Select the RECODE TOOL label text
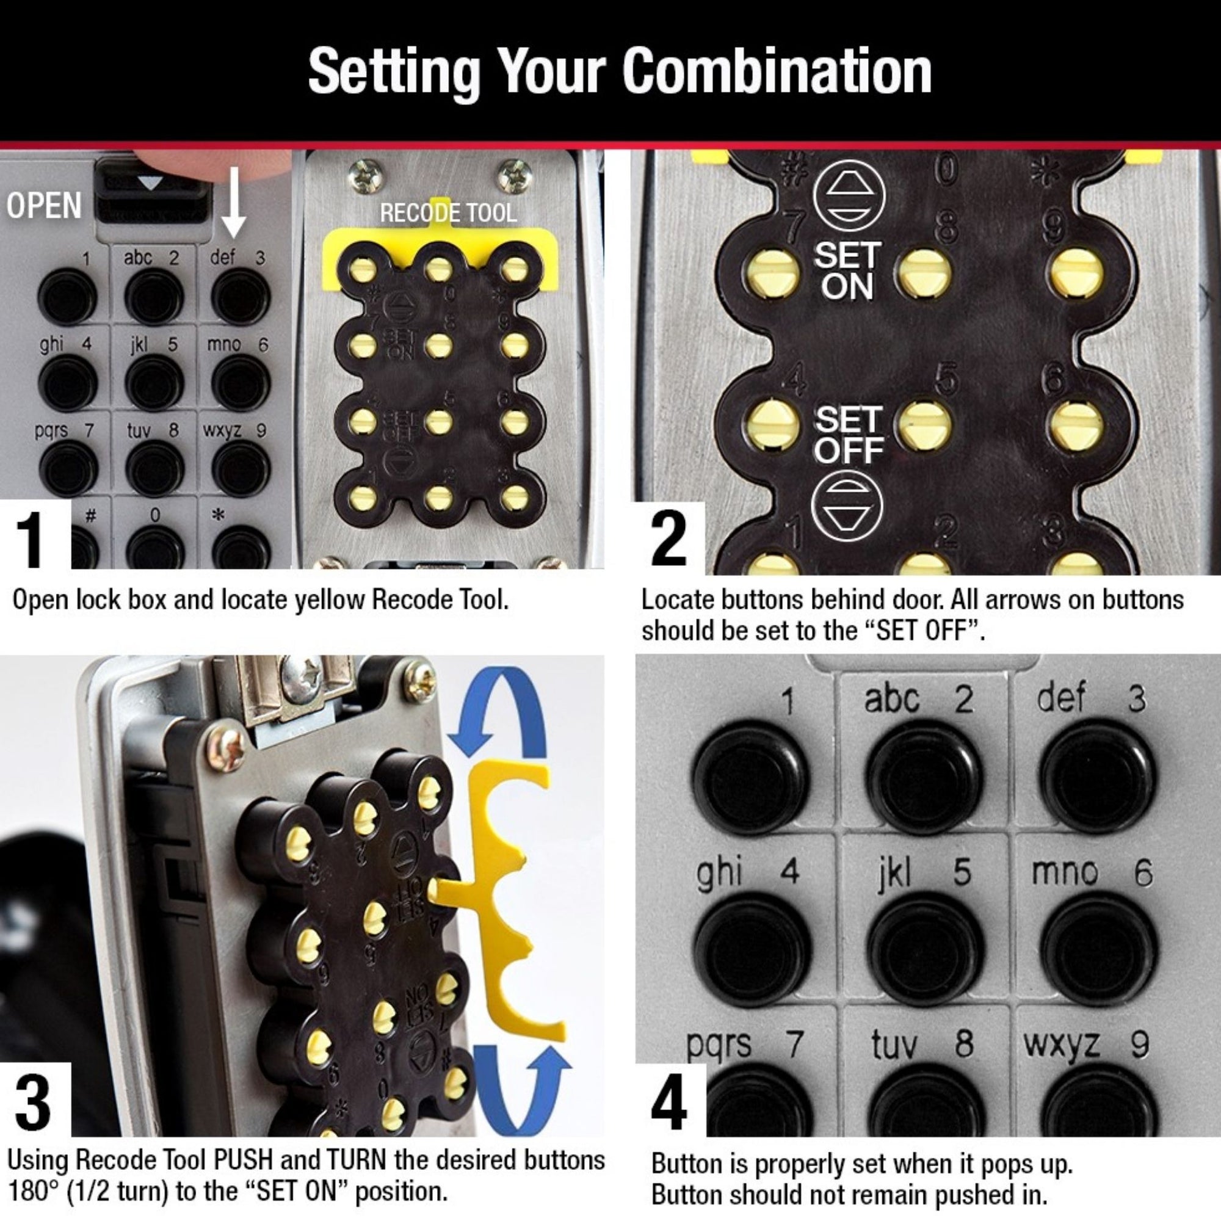tap(448, 213)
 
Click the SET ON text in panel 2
tap(847, 271)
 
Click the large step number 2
tap(668, 538)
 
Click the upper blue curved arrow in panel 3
tap(499, 714)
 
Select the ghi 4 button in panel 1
tap(66, 383)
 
